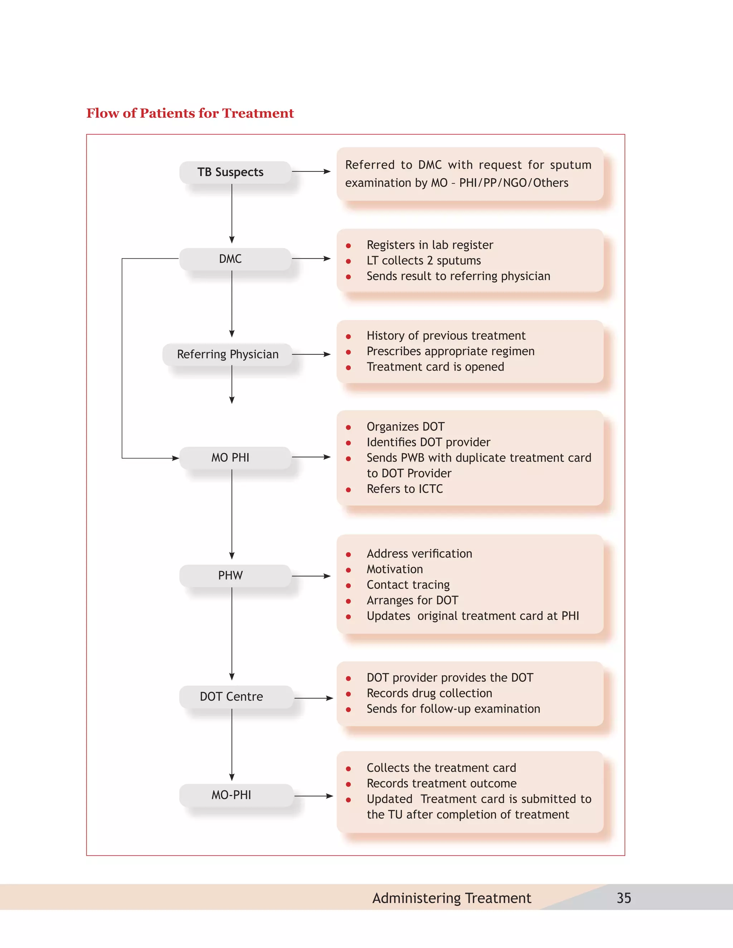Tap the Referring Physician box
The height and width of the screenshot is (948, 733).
coord(228,354)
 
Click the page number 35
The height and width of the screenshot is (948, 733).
coord(623,898)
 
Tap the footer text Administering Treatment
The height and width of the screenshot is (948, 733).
coord(452,898)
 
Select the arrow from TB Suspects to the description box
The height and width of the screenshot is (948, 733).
coord(311,171)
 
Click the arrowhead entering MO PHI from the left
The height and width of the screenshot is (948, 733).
coord(175,458)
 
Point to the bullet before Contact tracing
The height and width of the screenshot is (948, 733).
coord(348,586)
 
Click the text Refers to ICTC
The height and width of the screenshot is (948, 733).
coord(405,489)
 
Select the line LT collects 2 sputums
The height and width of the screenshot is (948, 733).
coord(424,260)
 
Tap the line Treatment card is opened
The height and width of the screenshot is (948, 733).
coord(435,367)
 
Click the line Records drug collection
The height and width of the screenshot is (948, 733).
coord(429,693)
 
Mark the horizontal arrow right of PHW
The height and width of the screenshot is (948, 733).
coord(311,576)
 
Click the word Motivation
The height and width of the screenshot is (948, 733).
coord(395,569)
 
